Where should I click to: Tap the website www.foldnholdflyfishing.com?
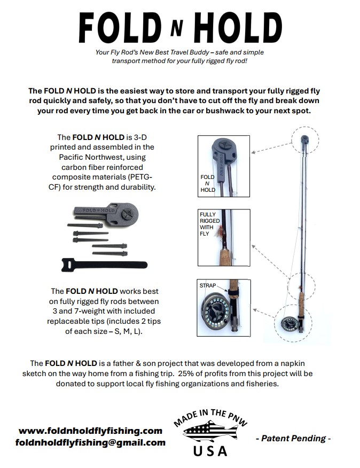tap(90, 431)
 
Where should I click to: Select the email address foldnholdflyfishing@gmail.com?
tap(90, 442)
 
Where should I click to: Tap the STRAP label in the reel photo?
tap(208, 286)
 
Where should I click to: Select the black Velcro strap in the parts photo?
tap(104, 264)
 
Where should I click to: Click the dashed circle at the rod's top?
tap(304, 141)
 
